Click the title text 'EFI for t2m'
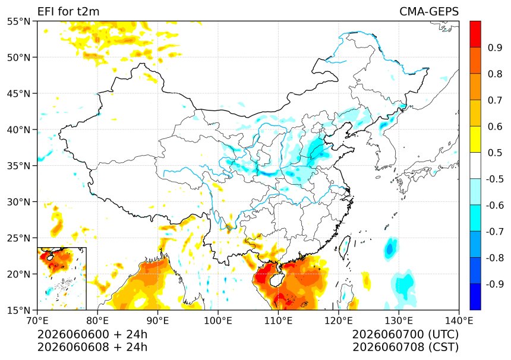tap(68, 11)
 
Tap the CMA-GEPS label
tap(429, 11)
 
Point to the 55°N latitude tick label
tap(18, 21)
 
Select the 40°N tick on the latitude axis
tap(18, 130)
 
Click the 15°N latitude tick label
tap(18, 310)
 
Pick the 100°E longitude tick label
tap(218, 321)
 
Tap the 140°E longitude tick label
tap(459, 321)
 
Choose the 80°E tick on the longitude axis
tap(97, 321)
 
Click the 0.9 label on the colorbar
tap(495, 48)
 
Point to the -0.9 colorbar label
tap(494, 284)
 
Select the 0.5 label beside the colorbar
tap(495, 153)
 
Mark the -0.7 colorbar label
tap(494, 232)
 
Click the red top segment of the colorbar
tap(475, 34)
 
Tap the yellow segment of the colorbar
tap(475, 140)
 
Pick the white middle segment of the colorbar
tap(475, 166)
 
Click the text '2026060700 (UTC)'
tap(405, 334)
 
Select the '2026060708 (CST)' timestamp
tap(405, 347)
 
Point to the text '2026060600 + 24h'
tap(92, 334)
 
